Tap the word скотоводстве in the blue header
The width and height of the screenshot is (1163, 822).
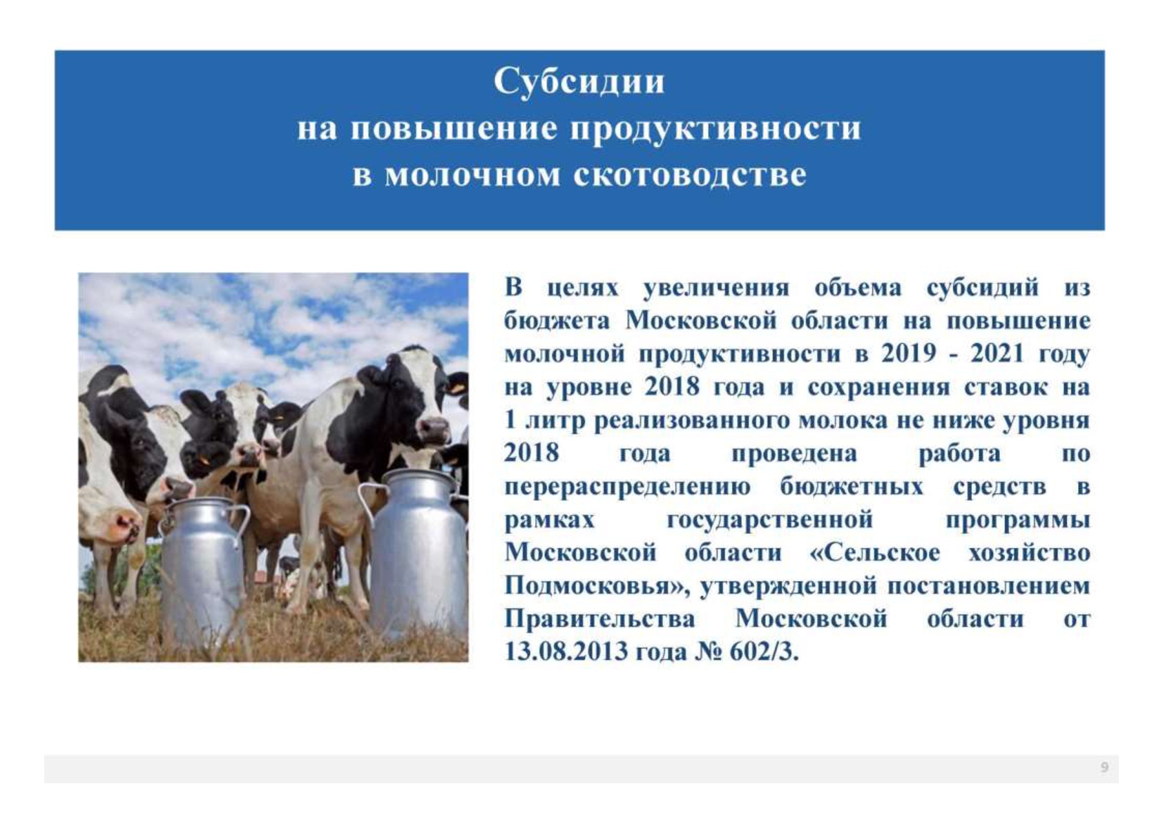(690, 175)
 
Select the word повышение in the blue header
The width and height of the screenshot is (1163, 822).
(454, 128)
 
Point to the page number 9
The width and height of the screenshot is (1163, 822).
(1104, 767)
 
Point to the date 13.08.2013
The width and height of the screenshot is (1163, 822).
(566, 652)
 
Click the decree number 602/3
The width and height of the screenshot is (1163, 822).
(765, 652)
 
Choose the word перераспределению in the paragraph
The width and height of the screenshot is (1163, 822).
(627, 488)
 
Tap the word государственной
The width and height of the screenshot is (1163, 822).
(769, 520)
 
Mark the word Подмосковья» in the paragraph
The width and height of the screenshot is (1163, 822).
(597, 587)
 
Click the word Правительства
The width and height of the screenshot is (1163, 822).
(599, 619)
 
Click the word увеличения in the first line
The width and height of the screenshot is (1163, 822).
(716, 288)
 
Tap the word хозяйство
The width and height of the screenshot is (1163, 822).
(1030, 554)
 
